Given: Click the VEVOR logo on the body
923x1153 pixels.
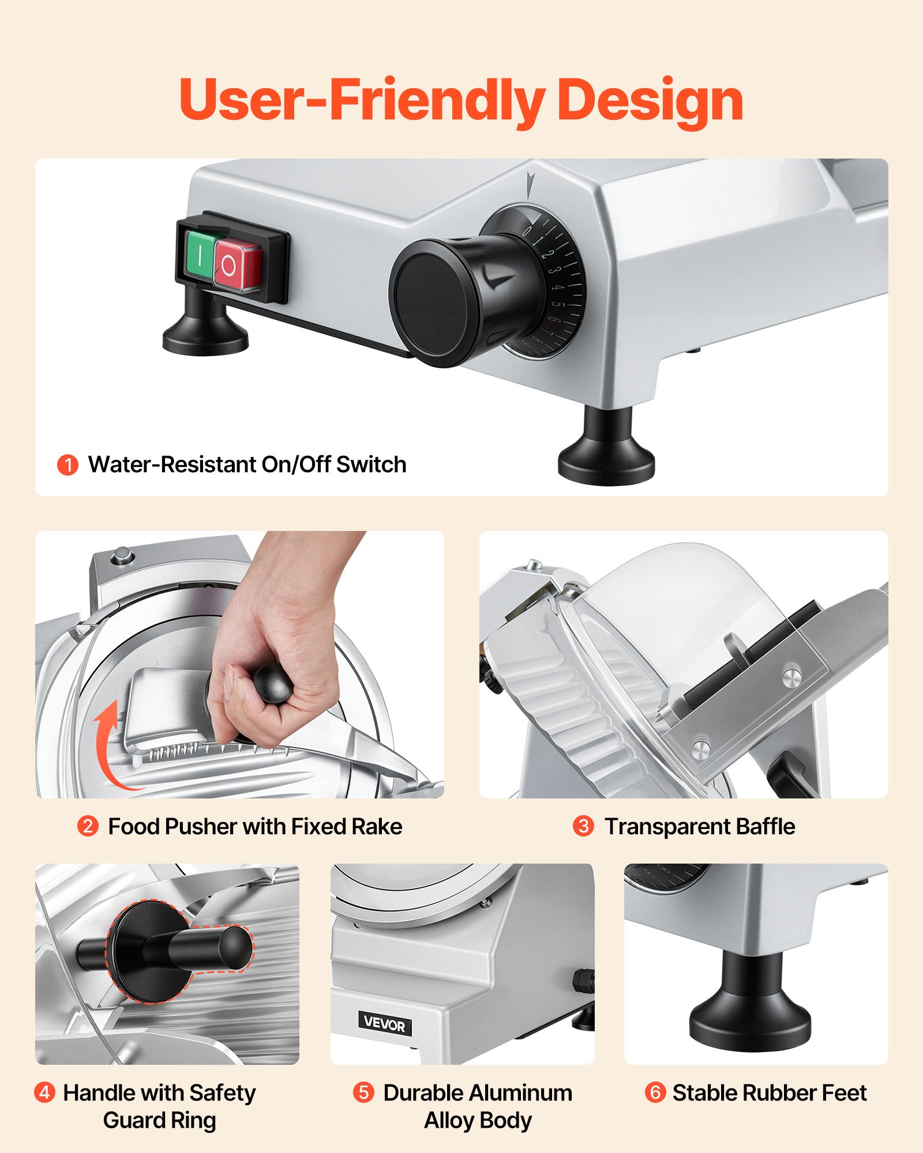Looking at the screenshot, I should tap(385, 1024).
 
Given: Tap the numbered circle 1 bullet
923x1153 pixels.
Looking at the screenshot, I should tap(67, 465).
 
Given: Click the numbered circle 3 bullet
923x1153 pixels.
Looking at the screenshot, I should tap(583, 826).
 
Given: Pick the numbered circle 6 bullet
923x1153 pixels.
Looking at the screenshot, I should tap(655, 1092).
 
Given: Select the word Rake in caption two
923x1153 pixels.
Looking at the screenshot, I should tap(377, 827).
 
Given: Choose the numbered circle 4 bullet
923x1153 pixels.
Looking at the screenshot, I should tap(44, 1092).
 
